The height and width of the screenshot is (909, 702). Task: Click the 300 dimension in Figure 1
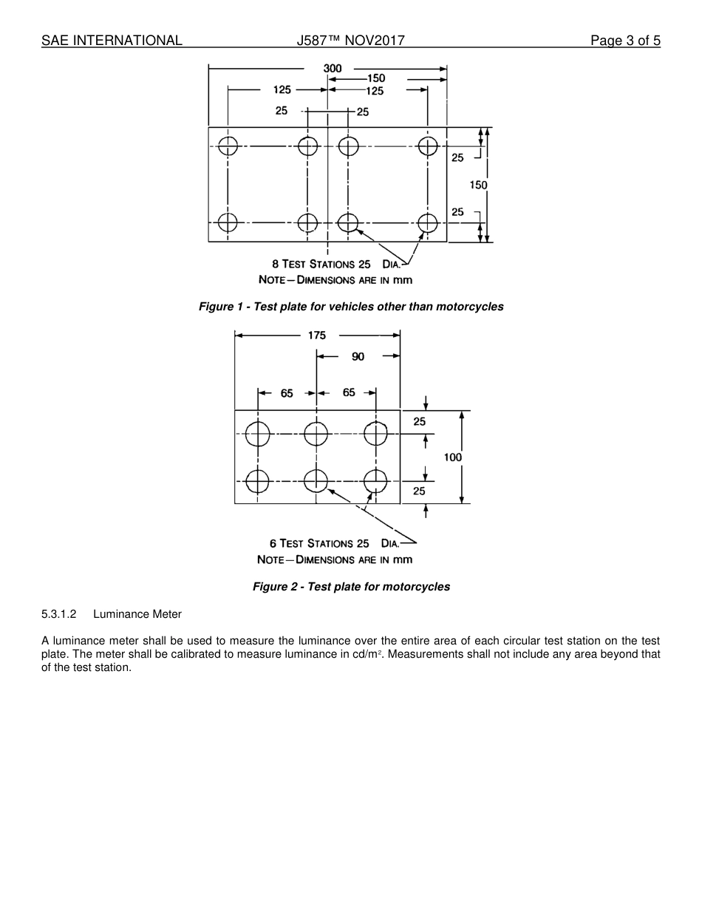click(x=333, y=69)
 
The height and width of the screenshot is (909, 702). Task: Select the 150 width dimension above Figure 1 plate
click(x=376, y=78)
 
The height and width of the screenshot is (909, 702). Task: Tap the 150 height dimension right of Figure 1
click(x=478, y=185)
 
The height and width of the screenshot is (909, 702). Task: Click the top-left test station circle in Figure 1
click(x=228, y=146)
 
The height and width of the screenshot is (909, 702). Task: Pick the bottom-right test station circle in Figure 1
click(x=428, y=222)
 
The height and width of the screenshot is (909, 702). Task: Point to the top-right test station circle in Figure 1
click(x=428, y=146)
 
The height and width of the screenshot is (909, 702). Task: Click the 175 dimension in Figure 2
click(x=317, y=336)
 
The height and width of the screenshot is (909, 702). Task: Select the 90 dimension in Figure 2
click(x=358, y=357)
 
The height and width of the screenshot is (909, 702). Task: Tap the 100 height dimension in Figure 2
click(x=453, y=457)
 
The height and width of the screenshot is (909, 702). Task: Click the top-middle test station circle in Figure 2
click(x=316, y=435)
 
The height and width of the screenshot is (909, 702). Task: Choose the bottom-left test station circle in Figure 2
click(x=257, y=481)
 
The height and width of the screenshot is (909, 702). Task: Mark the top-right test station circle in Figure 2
click(x=376, y=435)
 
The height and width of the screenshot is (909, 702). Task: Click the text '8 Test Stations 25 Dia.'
click(x=336, y=264)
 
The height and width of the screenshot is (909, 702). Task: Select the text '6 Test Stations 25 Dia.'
click(x=334, y=543)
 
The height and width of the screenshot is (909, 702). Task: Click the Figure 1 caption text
click(x=351, y=307)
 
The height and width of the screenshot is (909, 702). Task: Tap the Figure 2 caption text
click(x=351, y=587)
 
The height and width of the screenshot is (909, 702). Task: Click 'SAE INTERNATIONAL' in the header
click(x=112, y=41)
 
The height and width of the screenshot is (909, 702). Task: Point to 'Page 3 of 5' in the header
click(x=625, y=41)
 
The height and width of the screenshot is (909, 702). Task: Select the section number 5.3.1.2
click(x=59, y=614)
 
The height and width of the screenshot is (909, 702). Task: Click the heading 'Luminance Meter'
click(x=137, y=614)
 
